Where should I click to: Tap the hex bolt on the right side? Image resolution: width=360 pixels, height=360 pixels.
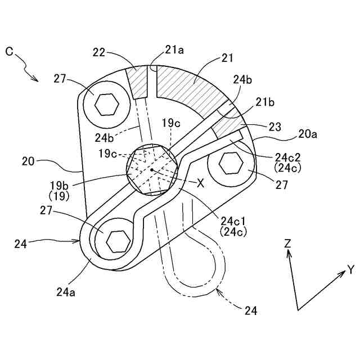229,164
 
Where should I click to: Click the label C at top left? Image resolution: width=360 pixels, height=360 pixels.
9,51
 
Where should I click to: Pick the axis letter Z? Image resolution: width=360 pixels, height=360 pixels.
287,243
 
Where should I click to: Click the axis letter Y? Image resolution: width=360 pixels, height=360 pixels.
350,270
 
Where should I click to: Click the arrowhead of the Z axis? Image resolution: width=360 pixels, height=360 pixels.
289,253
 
